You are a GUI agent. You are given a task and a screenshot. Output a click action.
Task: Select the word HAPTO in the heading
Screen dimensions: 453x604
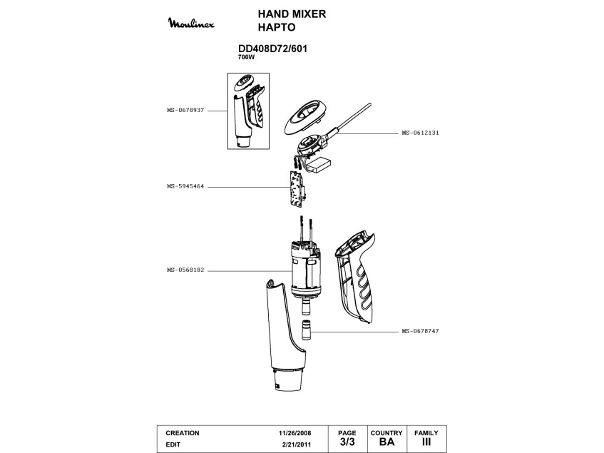click(275, 29)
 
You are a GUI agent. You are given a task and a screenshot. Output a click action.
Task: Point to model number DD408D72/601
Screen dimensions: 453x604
click(272, 49)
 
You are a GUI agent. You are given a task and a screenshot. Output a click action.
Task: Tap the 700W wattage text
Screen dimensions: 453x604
click(246, 57)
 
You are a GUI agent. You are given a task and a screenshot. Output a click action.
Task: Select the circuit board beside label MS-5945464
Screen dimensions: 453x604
click(297, 188)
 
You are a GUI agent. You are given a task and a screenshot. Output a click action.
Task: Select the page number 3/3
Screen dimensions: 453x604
click(347, 442)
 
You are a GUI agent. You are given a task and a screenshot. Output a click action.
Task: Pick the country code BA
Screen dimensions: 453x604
click(387, 442)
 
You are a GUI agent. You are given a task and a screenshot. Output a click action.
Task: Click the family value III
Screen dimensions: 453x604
click(426, 442)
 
